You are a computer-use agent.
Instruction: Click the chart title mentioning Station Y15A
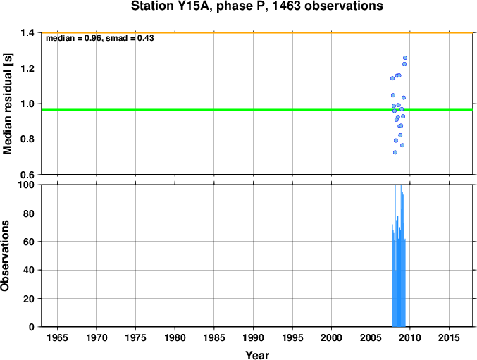pos(256,6)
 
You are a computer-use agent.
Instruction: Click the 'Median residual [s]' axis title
pos(7,104)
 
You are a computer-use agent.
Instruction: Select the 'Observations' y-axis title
pos(5,256)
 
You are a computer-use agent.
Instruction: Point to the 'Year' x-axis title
pos(257,355)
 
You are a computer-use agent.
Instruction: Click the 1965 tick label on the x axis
pos(58,337)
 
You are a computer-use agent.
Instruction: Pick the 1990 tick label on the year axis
pos(254,337)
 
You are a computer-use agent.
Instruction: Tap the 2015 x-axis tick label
pos(450,337)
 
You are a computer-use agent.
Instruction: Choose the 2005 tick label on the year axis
pos(371,337)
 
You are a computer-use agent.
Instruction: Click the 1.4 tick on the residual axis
pos(27,32)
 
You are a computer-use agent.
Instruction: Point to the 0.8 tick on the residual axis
pos(27,139)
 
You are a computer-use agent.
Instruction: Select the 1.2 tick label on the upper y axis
pos(27,68)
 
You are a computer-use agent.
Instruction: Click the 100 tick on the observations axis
pos(26,185)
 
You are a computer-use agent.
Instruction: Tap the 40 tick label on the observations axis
pos(29,270)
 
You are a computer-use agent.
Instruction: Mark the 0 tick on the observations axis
pos(31,327)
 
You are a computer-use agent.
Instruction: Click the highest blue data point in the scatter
pos(405,58)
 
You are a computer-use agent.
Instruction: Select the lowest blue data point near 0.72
pos(395,152)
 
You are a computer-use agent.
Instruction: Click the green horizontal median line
pos(257,110)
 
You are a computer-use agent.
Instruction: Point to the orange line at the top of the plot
pos(257,32)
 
